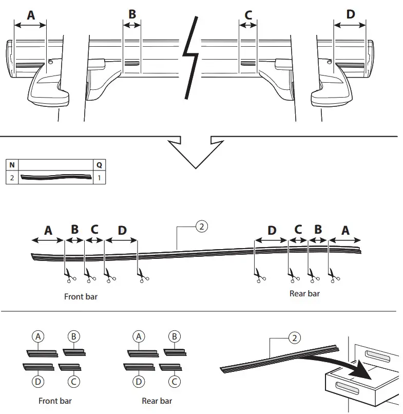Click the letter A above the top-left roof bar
pyautogui.click(x=31, y=15)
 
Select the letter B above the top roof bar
pyautogui.click(x=132, y=14)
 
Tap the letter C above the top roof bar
pyautogui.click(x=248, y=15)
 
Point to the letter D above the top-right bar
pyautogui.click(x=350, y=14)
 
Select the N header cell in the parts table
pyautogui.click(x=11, y=165)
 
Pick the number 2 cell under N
pyautogui.click(x=11, y=177)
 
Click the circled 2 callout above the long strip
pyautogui.click(x=202, y=227)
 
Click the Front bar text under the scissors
pyautogui.click(x=81, y=296)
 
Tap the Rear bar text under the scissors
pyautogui.click(x=304, y=293)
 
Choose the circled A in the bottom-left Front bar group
pyautogui.click(x=38, y=336)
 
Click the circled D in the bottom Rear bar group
pyautogui.click(x=139, y=381)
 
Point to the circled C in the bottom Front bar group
pyautogui.click(x=73, y=381)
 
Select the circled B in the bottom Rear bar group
pyautogui.click(x=174, y=336)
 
